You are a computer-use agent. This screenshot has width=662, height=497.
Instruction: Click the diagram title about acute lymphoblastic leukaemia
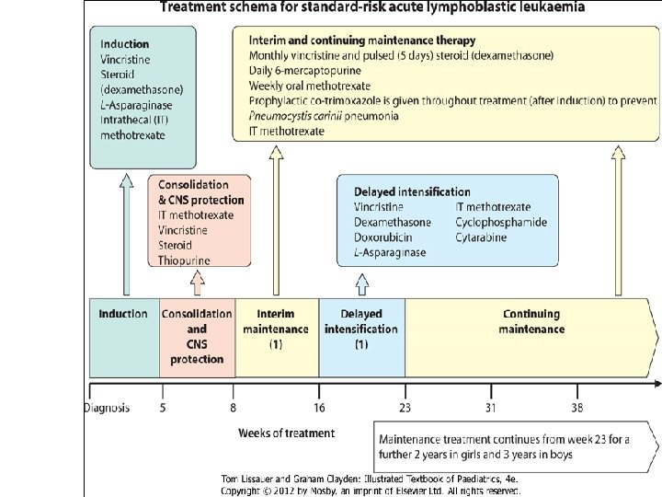click(371, 8)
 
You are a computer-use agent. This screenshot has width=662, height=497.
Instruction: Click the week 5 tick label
click(163, 408)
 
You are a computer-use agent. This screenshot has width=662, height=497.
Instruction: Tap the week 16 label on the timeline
click(319, 408)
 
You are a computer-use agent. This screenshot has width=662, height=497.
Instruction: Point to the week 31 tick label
click(491, 408)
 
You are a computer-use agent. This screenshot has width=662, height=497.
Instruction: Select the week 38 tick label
click(576, 408)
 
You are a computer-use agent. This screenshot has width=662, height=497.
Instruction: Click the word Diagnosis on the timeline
click(107, 408)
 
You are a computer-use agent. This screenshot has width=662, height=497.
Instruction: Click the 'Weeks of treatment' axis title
click(286, 433)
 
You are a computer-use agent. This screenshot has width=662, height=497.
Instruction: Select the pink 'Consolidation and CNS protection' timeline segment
click(197, 336)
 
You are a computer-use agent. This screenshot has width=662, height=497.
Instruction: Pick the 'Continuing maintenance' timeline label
click(531, 321)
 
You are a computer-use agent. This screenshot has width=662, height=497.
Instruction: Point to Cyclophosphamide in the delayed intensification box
click(500, 222)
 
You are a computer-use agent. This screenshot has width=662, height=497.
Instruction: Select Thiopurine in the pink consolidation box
click(184, 260)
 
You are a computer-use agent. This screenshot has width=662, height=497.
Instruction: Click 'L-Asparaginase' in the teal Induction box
click(138, 105)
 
